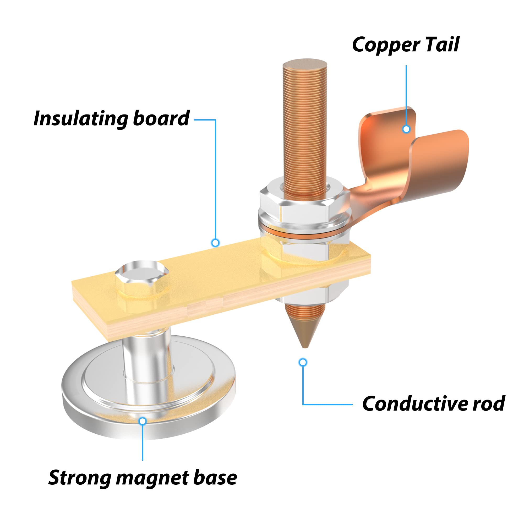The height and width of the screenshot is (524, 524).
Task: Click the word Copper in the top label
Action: point(386,45)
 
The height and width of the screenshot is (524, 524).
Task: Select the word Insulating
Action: point(80,119)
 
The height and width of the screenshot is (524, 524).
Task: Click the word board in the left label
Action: point(161,118)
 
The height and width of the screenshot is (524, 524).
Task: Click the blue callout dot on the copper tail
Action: point(406,129)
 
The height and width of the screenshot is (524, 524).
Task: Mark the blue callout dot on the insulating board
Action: point(215,242)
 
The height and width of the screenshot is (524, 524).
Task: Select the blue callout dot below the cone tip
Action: point(303,362)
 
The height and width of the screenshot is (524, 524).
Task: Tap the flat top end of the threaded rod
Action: point(305,65)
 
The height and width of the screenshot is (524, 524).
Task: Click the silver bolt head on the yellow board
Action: point(141,275)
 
